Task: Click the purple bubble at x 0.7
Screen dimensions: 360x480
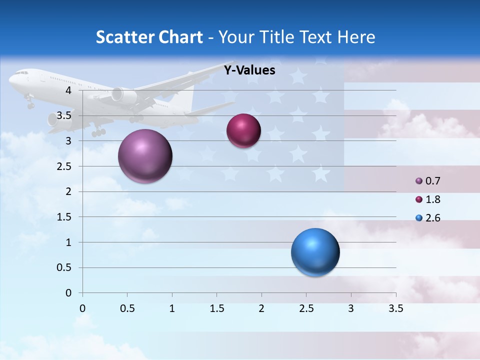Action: point(145,156)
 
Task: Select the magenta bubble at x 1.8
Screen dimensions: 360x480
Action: point(243,131)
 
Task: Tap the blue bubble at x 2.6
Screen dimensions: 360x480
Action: point(315,252)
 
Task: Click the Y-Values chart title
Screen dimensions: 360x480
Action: point(249,70)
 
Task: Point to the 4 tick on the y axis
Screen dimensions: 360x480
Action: point(68,90)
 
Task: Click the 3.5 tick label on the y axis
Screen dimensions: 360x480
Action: point(64,115)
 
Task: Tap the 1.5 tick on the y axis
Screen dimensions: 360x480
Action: point(64,217)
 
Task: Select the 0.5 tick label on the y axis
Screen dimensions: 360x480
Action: point(64,267)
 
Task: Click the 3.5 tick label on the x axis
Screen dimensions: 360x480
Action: point(395,308)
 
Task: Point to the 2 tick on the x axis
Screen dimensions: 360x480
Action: point(261,308)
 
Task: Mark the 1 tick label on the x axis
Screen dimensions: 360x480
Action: point(172,308)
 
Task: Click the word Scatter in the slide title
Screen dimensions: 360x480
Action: point(124,37)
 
